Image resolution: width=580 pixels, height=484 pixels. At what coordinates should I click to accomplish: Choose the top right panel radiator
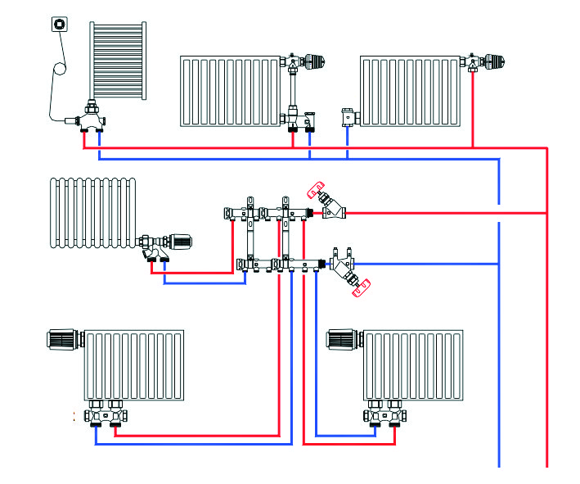(x=411, y=91)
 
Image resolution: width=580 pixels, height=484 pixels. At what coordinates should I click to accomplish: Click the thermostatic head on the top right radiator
(x=492, y=60)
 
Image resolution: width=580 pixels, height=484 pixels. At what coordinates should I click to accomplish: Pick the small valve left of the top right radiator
(x=349, y=117)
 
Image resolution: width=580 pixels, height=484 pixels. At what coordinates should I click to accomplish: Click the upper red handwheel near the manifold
(x=316, y=191)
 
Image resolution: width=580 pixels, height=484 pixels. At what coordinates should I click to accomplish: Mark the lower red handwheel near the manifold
(x=362, y=286)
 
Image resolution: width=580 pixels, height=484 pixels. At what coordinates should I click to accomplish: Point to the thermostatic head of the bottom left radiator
(x=63, y=339)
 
